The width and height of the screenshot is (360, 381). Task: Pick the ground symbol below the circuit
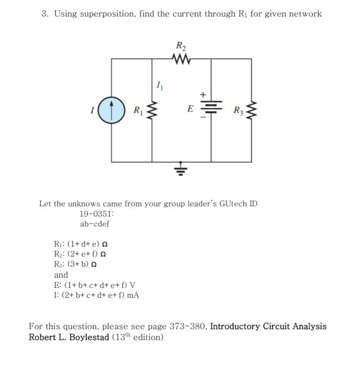tap(180, 172)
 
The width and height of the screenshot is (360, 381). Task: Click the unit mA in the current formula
tap(132, 295)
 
